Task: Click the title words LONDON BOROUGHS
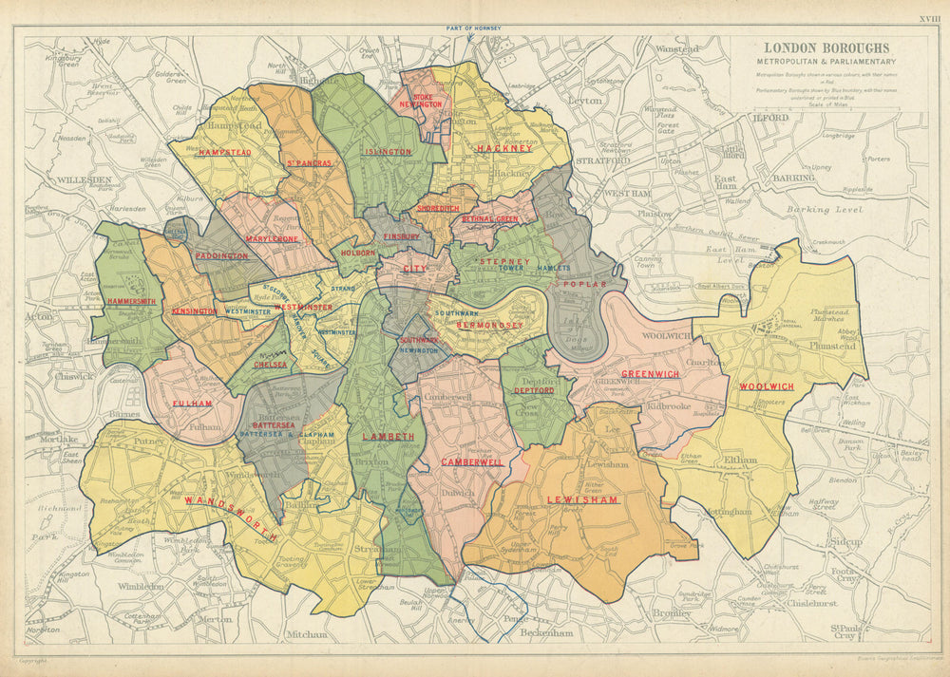coord(826,47)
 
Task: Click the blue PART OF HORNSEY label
coord(473,28)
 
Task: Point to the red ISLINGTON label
coord(389,152)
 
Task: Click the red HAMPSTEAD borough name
coord(224,152)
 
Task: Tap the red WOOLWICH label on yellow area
coord(766,386)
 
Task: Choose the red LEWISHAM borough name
coord(582,499)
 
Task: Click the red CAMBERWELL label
coord(472,461)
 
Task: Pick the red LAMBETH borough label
coord(388,436)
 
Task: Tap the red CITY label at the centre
coord(414,269)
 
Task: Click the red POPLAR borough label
coord(579,284)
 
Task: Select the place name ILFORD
coord(772,117)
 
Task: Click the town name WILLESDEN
coord(84,179)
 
